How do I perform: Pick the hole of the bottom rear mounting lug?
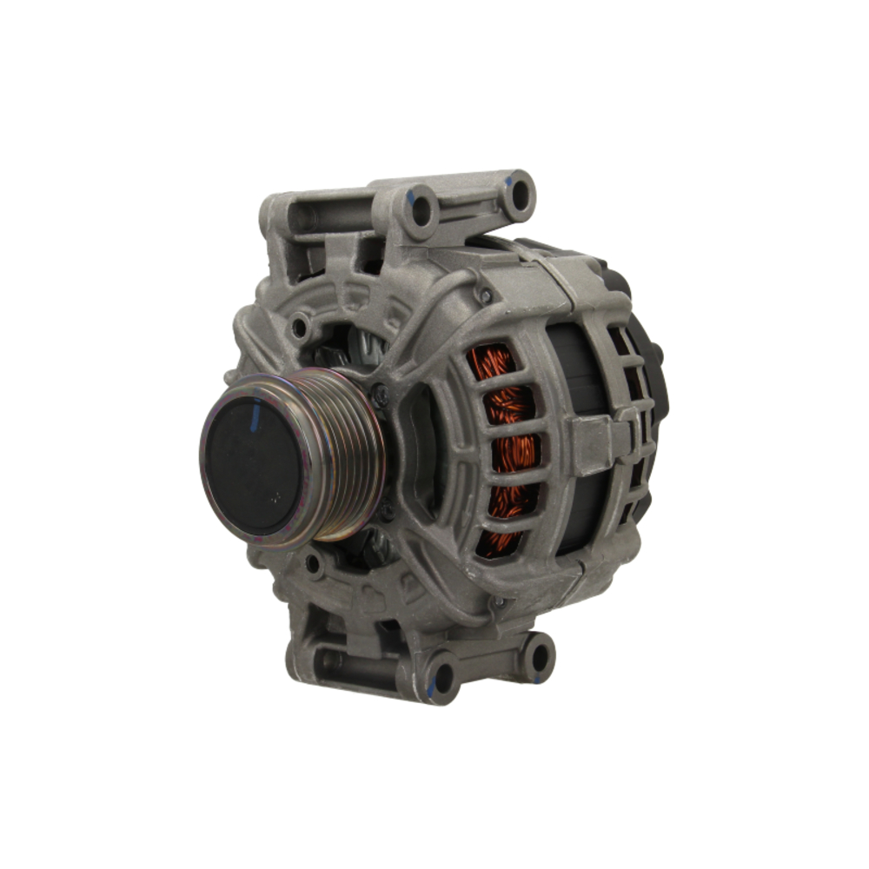(538, 656)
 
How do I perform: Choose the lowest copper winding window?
(498, 543)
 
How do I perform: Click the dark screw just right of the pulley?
(381, 395)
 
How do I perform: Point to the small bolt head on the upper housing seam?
(486, 296)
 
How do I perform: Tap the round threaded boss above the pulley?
(301, 328)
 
